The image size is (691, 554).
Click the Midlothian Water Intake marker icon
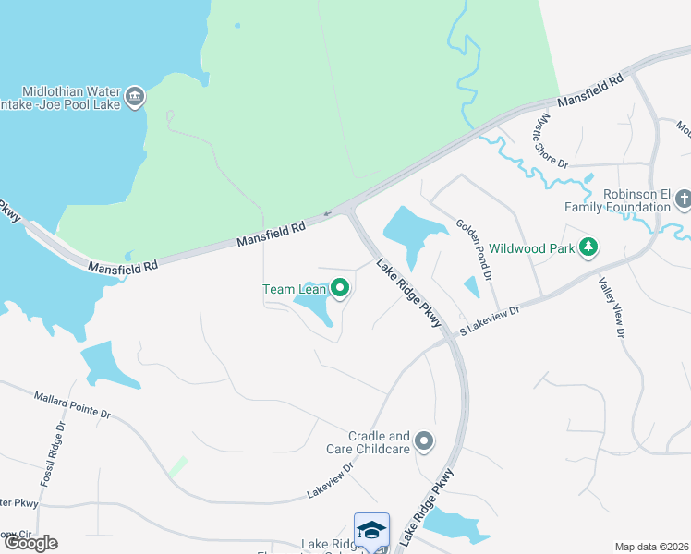pyautogui.click(x=135, y=97)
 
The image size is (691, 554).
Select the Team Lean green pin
pyautogui.click(x=340, y=289)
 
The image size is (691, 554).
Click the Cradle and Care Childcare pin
pyautogui.click(x=424, y=442)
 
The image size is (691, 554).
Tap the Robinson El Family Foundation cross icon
pyautogui.click(x=683, y=199)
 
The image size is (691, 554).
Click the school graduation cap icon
pyautogui.click(x=371, y=530)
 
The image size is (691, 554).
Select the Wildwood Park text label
pyautogui.click(x=531, y=247)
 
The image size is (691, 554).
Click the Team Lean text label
pyautogui.click(x=294, y=289)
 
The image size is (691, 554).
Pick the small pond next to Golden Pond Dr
pyautogui.click(x=471, y=287)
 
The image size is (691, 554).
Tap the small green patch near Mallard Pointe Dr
pyautogui.click(x=177, y=467)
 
